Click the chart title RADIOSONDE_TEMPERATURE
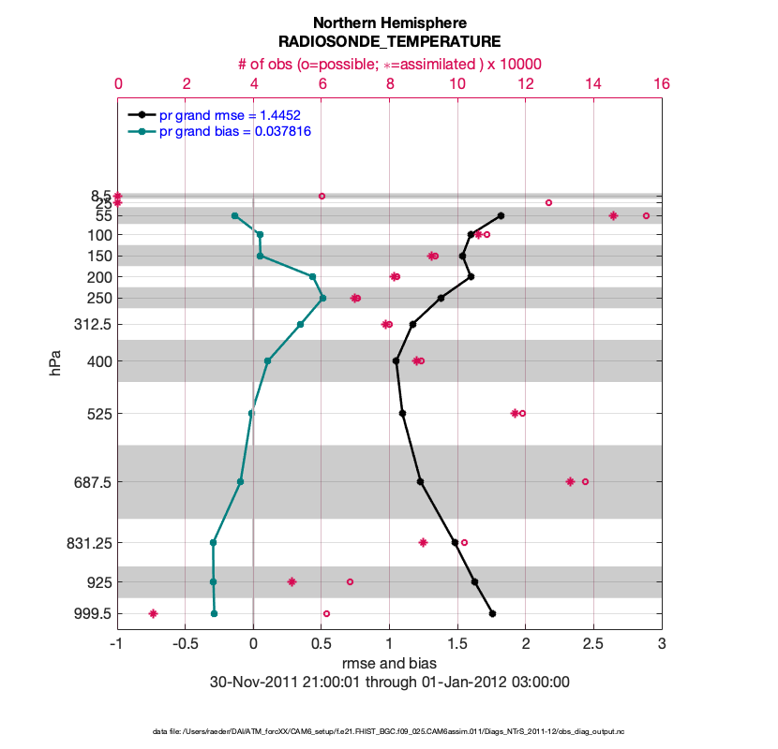[x=389, y=42]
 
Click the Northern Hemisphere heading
[x=389, y=22]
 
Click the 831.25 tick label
[x=89, y=543]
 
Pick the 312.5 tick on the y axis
[x=92, y=325]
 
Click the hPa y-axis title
[x=56, y=362]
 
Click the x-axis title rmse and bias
[x=389, y=664]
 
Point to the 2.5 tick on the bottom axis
[x=593, y=644]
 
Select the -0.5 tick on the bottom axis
[x=186, y=644]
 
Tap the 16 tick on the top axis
[x=662, y=83]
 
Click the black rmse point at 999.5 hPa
[x=492, y=613]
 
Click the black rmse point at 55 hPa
[x=501, y=215]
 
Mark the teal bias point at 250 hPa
[x=322, y=298]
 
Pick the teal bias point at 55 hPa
[x=234, y=215]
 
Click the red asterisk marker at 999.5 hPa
[x=153, y=613]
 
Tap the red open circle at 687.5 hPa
[x=585, y=481]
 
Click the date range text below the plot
[x=389, y=682]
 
